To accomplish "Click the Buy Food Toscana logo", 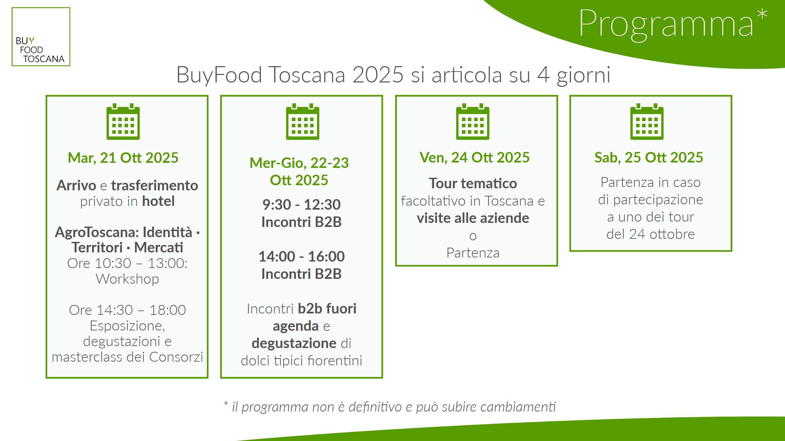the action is coord(41,37).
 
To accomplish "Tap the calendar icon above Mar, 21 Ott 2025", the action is coord(123,121).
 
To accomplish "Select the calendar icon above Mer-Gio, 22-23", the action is coord(303,121).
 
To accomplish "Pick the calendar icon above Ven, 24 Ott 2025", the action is coord(473,121).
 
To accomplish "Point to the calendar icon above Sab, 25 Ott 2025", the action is coord(647,121).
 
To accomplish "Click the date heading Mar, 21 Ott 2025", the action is coord(123,158).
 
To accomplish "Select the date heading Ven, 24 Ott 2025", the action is coord(475,158).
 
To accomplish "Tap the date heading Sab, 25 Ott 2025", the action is coord(649,158).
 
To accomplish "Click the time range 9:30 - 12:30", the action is coord(302,205).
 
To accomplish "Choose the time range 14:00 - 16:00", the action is coord(302,256).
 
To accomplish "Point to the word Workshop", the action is coord(128,279).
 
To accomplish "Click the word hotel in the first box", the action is coord(158,201).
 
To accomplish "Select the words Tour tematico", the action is coord(473,184).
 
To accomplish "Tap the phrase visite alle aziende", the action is coord(473,218).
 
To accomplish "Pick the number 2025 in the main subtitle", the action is coord(378,75).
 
